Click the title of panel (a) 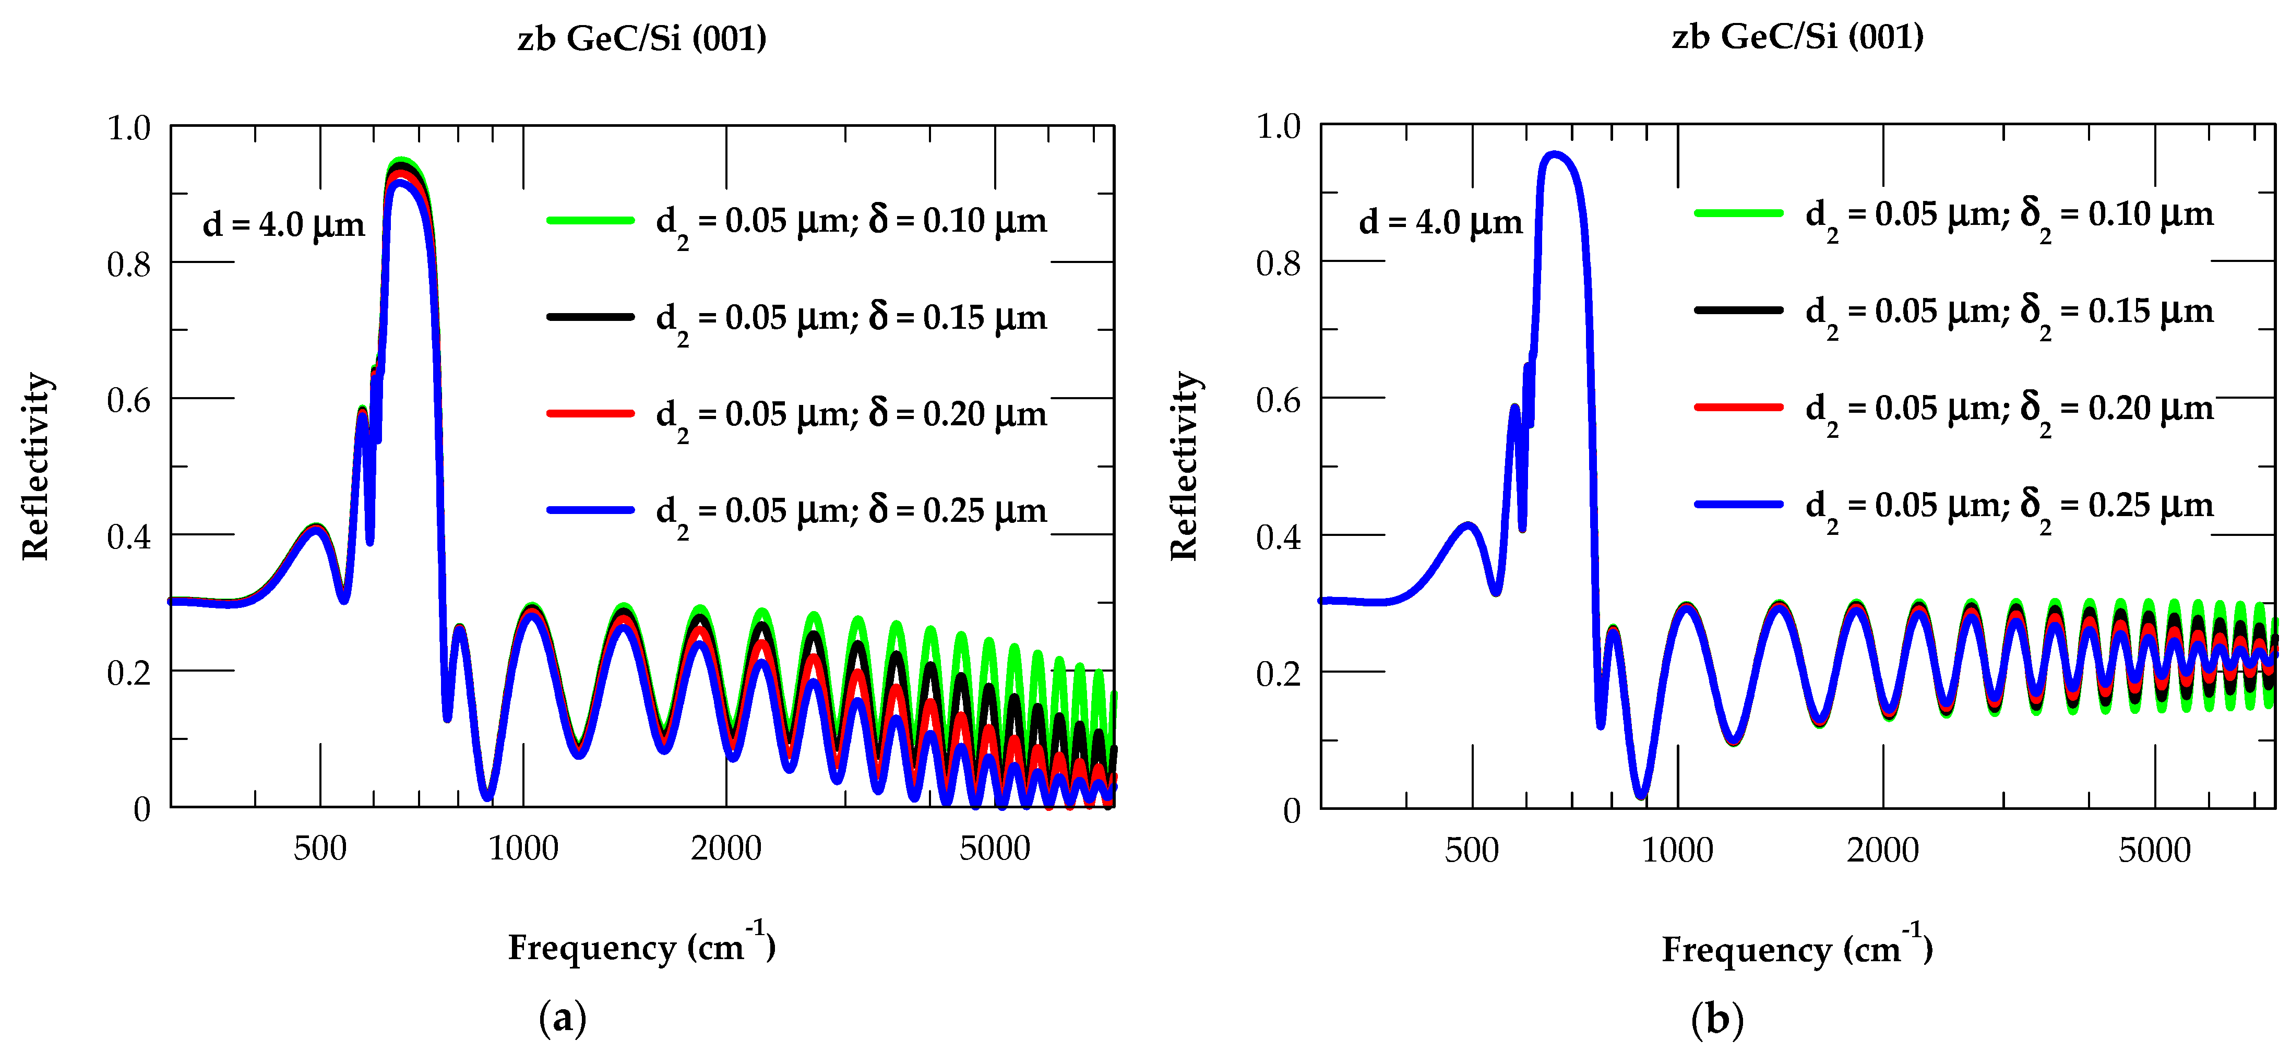pos(641,38)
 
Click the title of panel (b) pos(1797,37)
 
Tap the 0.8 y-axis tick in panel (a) pos(129,264)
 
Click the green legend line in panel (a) pos(591,220)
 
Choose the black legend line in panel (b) pos(1739,309)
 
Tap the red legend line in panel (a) pos(591,413)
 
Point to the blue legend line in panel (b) pos(1739,504)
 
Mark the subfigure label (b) pos(1716,1019)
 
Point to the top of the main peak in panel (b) pos(1554,155)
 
